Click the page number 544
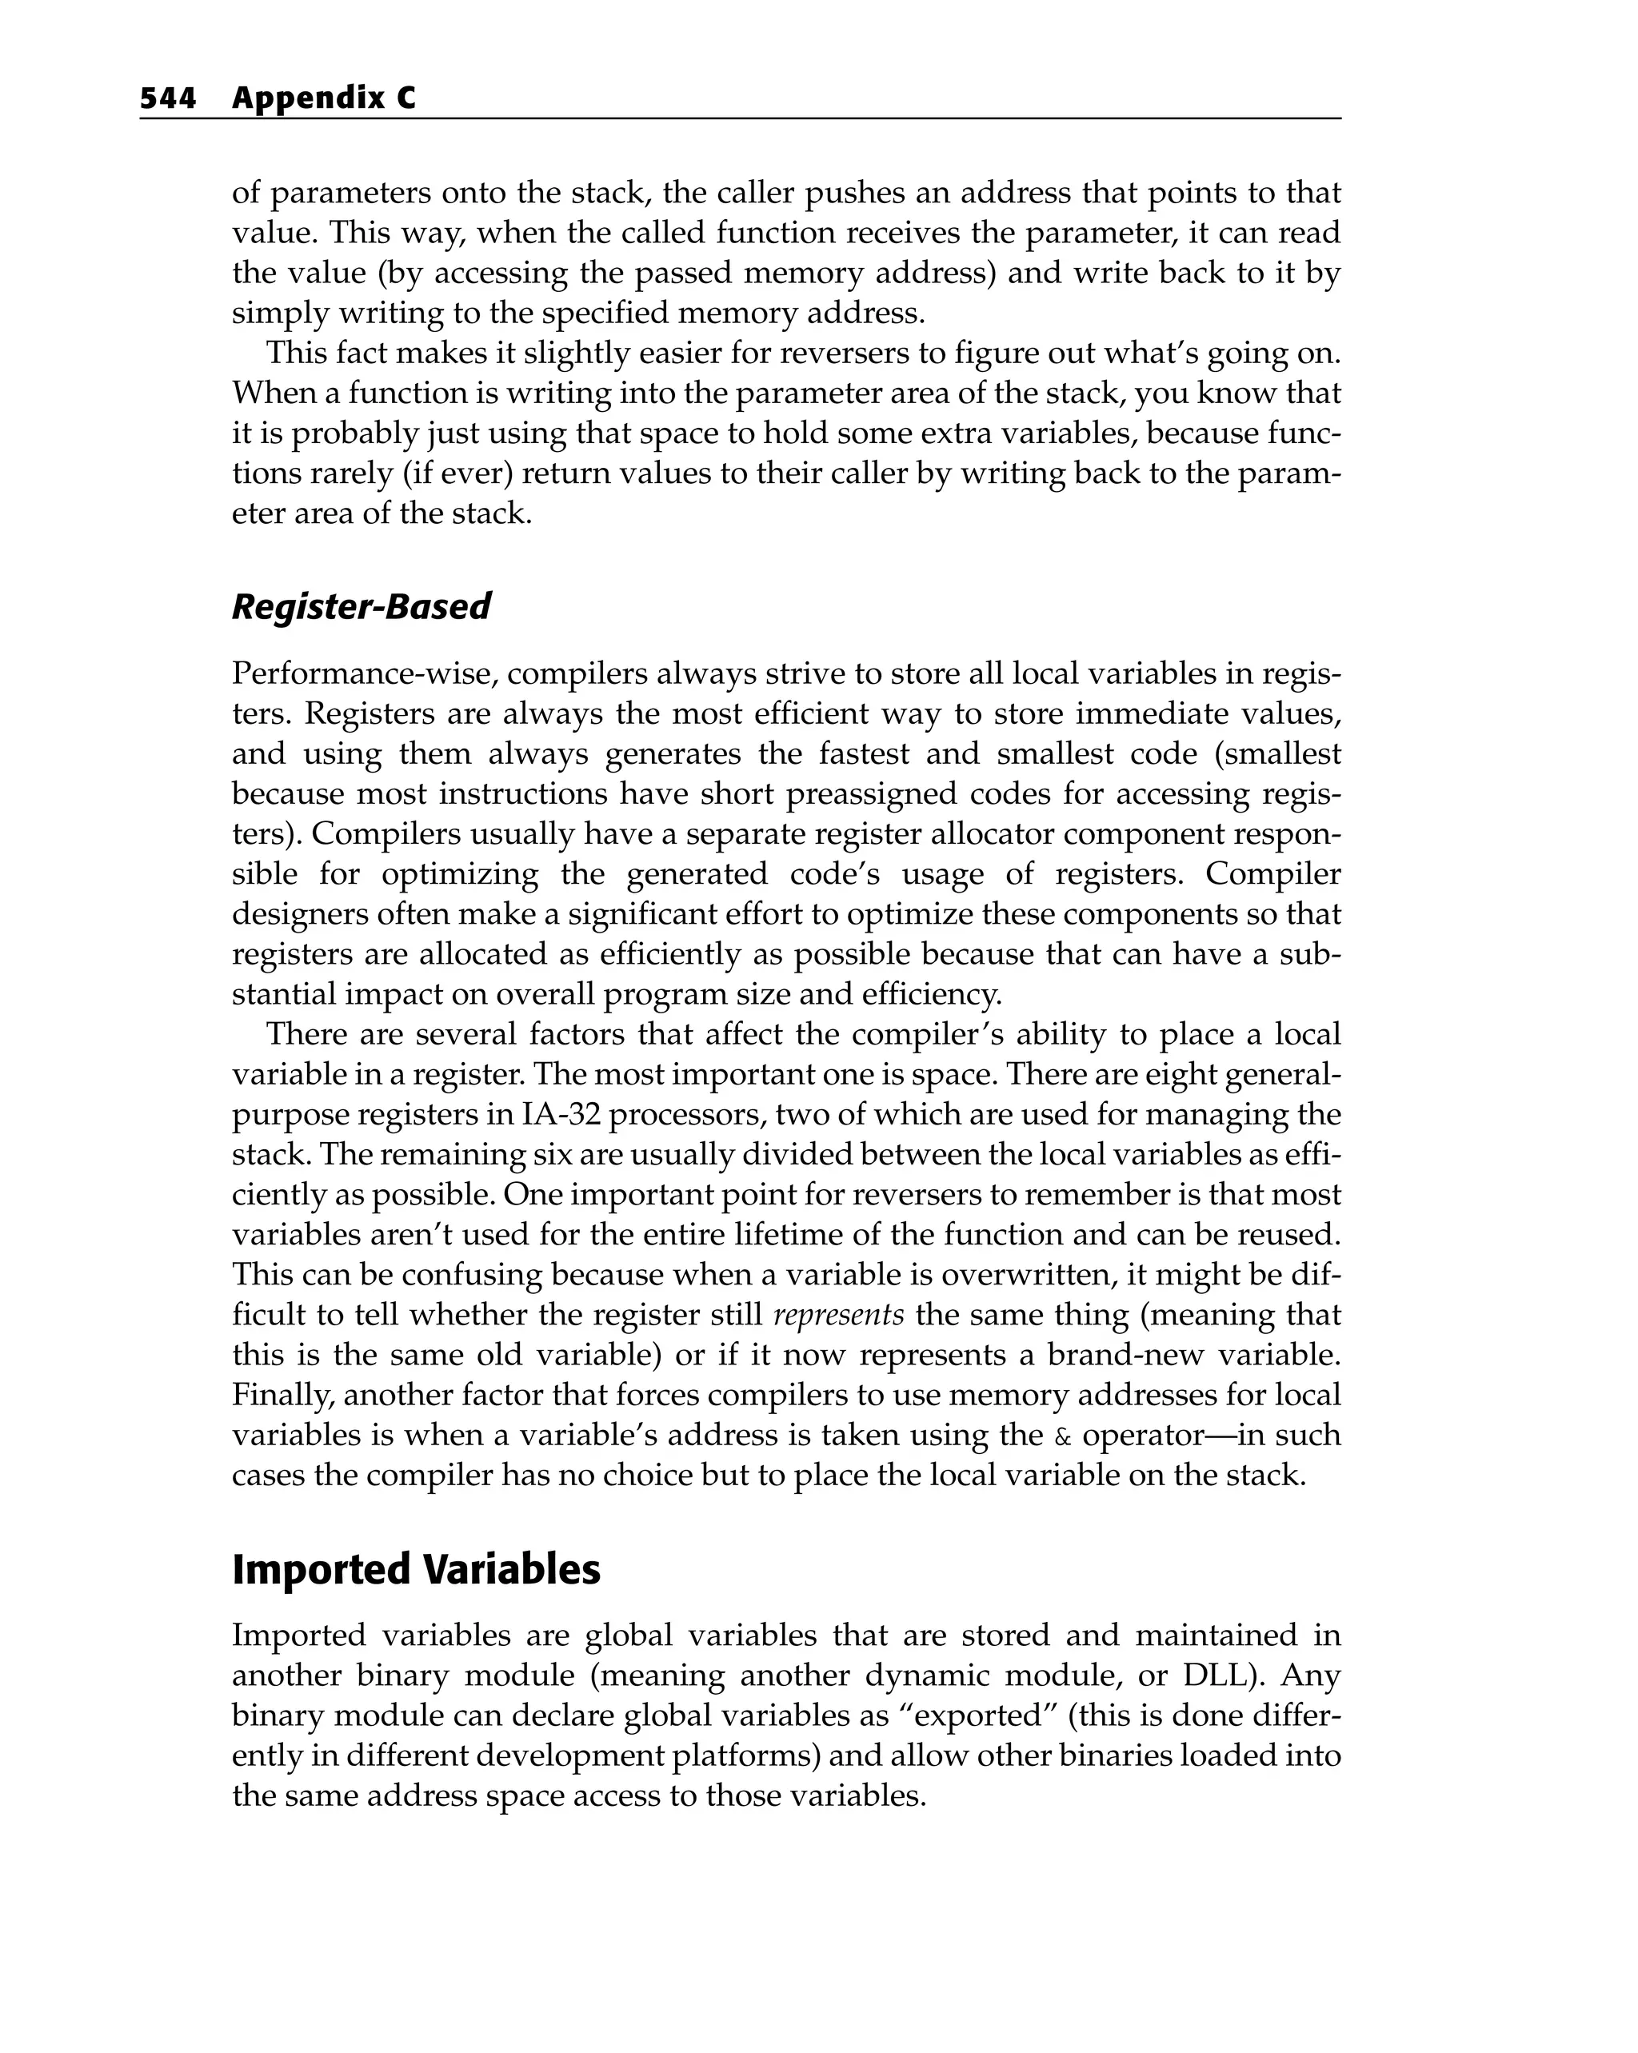coord(168,98)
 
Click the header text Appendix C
coord(324,98)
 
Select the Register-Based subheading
coord(361,606)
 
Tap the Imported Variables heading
coord(416,1570)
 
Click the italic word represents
coord(838,1315)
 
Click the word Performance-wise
coord(365,674)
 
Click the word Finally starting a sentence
coord(283,1396)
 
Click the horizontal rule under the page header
coord(740,119)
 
